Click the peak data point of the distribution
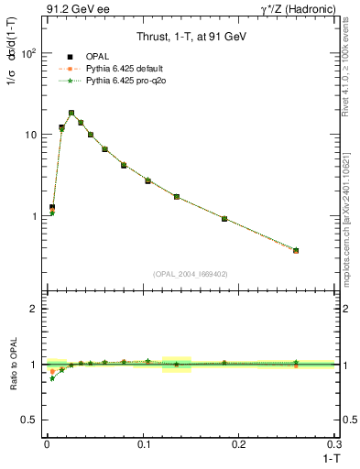pos(71,113)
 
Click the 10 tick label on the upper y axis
pos(29,135)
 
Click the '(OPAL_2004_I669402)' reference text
pos(191,274)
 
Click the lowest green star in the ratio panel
pos(52,378)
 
